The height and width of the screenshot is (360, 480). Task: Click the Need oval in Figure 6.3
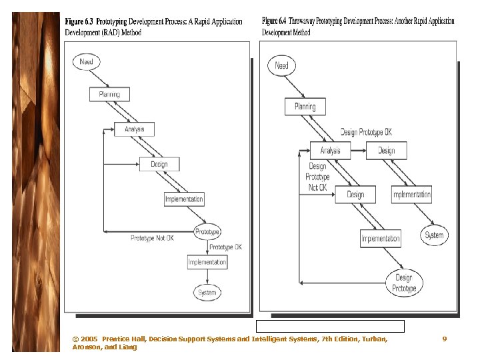point(87,62)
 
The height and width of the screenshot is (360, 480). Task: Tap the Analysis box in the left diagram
point(135,129)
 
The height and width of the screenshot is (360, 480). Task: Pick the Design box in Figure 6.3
point(159,164)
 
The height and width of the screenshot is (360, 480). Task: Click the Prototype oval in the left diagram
point(207,232)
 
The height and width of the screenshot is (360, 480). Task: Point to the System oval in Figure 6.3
point(207,293)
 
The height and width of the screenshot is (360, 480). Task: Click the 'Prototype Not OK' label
point(152,237)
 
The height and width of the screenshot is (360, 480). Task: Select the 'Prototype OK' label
point(225,247)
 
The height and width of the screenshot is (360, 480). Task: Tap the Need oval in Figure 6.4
point(282,65)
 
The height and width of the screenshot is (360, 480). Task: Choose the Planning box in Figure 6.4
point(305,107)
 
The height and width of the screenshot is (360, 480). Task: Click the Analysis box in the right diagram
point(330,151)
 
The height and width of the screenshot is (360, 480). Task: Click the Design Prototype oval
point(404,283)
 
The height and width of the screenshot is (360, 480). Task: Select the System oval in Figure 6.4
point(434,235)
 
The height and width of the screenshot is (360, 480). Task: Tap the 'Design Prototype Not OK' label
point(317,177)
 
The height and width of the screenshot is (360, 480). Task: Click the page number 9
point(445,339)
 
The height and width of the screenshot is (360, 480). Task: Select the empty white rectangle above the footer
point(330,326)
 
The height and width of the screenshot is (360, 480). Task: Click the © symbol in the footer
point(75,339)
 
